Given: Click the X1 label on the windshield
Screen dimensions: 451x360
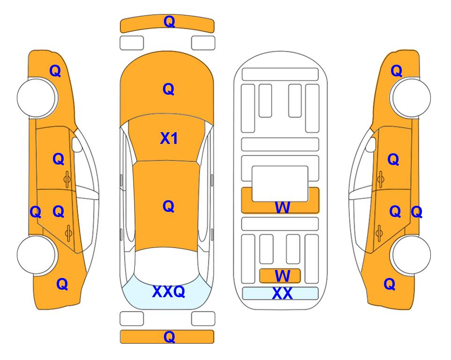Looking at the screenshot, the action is (169, 139).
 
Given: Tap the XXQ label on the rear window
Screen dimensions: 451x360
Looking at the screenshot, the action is (169, 292).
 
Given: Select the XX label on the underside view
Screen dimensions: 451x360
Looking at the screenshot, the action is (282, 293).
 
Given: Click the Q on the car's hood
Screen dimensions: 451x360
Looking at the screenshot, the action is (169, 89).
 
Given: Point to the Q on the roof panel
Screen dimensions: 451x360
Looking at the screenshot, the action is (169, 206).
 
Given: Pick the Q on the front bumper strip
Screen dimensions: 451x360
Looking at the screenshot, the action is (170, 22).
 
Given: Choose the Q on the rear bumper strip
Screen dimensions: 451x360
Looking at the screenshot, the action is (170, 337).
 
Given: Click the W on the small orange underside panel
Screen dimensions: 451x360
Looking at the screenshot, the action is (282, 276).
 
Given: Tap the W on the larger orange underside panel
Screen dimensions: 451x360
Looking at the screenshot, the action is (282, 207).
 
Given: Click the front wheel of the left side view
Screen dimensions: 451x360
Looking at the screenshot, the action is (37, 97).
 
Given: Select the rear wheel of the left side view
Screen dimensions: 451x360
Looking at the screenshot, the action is (37, 255).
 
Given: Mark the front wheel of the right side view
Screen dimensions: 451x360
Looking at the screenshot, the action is (411, 97).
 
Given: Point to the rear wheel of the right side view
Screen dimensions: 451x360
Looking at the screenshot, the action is (411, 255).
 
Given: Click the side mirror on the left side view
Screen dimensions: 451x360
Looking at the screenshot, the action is (77, 144).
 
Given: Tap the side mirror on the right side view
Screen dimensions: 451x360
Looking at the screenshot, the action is (371, 144).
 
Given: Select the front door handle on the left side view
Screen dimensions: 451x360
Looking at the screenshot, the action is (67, 179).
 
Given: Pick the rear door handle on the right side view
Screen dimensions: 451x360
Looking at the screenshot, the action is (379, 233).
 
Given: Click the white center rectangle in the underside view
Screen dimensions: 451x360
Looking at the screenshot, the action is (280, 184).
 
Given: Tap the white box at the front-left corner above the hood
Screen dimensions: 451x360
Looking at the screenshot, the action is (132, 43).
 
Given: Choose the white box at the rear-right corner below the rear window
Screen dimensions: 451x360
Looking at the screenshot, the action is (203, 319).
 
